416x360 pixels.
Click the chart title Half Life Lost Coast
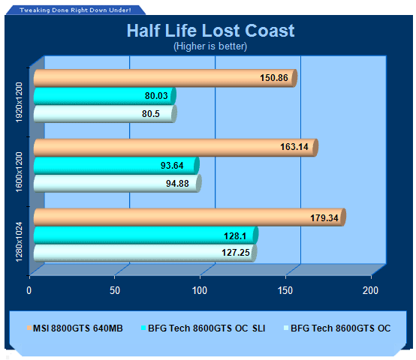(211, 31)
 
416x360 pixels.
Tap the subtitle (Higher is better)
(210, 46)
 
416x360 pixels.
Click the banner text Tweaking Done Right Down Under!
(75, 10)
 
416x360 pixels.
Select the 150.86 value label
(274, 78)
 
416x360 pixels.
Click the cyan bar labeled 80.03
(105, 96)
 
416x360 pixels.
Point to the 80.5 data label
(151, 114)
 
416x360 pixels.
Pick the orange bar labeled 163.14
(176, 147)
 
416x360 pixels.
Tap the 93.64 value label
(172, 166)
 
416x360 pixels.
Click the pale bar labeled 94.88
(118, 183)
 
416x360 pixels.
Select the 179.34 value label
(324, 218)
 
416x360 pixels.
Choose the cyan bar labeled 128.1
(146, 235)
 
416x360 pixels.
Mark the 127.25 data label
(236, 253)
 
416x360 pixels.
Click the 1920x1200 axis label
(19, 102)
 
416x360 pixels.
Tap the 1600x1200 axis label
(19, 172)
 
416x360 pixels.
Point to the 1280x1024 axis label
(19, 241)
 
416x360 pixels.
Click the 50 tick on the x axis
(115, 290)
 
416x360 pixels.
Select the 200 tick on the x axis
(370, 290)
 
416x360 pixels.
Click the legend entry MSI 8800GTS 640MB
(75, 328)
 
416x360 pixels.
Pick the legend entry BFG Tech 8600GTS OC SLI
(203, 328)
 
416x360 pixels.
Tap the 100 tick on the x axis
(200, 290)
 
